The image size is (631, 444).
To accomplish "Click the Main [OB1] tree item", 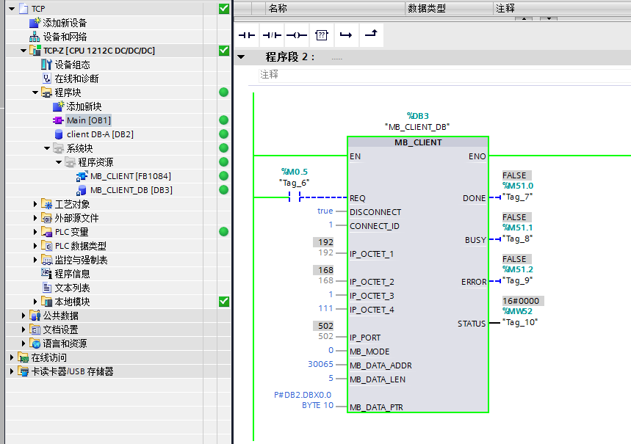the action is click(x=88, y=120).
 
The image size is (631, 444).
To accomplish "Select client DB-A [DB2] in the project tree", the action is click(x=100, y=134).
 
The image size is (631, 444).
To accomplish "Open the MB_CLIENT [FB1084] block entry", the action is click(x=130, y=176).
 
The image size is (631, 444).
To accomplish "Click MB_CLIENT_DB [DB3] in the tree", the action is click(x=131, y=190).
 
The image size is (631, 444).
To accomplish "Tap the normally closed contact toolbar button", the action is click(x=272, y=35).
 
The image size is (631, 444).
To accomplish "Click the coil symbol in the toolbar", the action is click(x=297, y=35).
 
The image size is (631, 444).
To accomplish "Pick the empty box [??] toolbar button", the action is click(x=322, y=35).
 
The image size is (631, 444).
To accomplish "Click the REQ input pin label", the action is click(x=357, y=198).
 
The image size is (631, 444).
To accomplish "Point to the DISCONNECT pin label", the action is click(x=375, y=212).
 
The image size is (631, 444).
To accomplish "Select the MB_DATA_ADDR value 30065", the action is click(x=320, y=364).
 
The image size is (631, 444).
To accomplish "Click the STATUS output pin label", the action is click(x=472, y=324).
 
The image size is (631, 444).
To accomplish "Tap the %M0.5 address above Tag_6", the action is click(x=294, y=172).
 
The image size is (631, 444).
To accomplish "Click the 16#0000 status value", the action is click(x=521, y=301).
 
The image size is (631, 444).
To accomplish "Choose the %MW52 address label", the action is click(x=517, y=311).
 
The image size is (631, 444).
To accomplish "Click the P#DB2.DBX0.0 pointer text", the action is click(x=303, y=395).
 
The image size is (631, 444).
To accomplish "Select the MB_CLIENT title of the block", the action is click(x=418, y=142).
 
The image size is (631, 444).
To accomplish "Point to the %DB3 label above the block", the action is click(x=418, y=116).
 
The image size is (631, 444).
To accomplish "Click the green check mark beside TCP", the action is click(x=224, y=9).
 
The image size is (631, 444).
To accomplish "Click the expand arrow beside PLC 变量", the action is click(x=35, y=232).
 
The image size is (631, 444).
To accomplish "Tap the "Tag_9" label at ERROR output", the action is click(x=518, y=280).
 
